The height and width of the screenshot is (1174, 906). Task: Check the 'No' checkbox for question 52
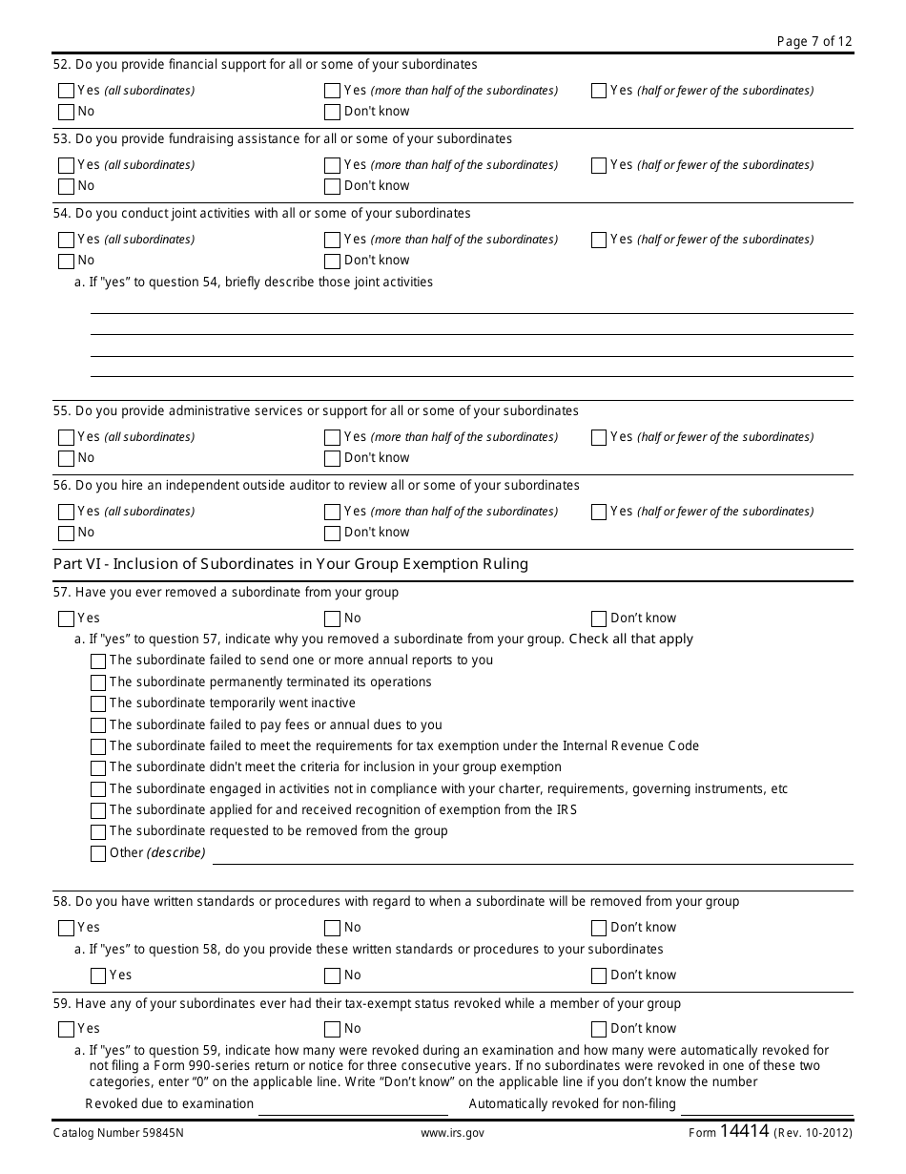(66, 112)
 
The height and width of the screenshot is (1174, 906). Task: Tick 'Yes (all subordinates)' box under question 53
(66, 165)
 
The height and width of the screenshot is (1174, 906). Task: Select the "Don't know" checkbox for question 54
(332, 261)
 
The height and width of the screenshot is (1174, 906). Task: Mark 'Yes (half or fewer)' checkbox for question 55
(599, 437)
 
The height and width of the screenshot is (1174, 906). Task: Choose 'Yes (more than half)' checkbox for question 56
(332, 512)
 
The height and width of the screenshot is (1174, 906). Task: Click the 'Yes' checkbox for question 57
(66, 618)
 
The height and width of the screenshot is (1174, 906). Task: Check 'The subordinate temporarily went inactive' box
(98, 704)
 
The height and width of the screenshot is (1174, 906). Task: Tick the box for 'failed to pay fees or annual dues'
(98, 725)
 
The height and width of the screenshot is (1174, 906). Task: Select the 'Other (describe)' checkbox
(98, 853)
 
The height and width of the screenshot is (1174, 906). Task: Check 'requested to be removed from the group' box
(98, 832)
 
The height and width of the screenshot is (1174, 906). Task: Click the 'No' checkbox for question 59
(332, 1029)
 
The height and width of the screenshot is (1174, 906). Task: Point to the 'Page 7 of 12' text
(814, 41)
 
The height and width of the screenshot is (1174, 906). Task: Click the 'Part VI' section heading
(290, 564)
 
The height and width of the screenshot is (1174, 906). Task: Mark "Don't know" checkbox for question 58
(599, 928)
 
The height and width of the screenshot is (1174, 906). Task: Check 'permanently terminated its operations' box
(98, 683)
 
